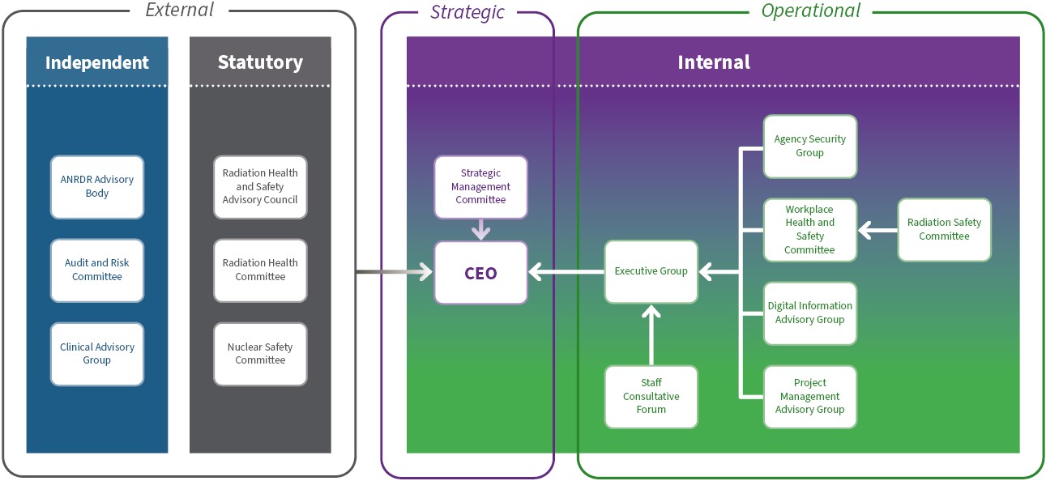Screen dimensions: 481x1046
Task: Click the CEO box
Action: [480, 273]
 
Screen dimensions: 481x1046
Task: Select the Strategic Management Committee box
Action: [480, 186]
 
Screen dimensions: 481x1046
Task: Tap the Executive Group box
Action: [651, 271]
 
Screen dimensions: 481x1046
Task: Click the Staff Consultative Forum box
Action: [651, 397]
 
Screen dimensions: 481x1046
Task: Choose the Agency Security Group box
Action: [809, 146]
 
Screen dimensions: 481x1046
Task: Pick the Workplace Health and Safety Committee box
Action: [809, 230]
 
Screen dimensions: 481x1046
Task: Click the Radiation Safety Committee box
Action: [944, 229]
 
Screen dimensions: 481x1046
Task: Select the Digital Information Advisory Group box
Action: [809, 313]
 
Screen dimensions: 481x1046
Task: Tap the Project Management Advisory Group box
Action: [809, 397]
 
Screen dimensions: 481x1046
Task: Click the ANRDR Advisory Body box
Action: [97, 186]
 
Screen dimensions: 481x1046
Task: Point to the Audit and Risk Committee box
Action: [97, 270]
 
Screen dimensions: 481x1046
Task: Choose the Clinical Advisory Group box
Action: [97, 354]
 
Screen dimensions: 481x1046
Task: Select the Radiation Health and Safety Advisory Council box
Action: [260, 186]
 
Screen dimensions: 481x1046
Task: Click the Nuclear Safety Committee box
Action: [260, 354]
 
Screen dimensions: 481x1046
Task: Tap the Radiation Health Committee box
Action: [260, 270]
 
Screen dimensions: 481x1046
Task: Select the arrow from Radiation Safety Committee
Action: [877, 231]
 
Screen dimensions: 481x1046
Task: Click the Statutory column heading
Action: [260, 62]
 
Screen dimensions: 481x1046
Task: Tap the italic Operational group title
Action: [810, 11]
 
